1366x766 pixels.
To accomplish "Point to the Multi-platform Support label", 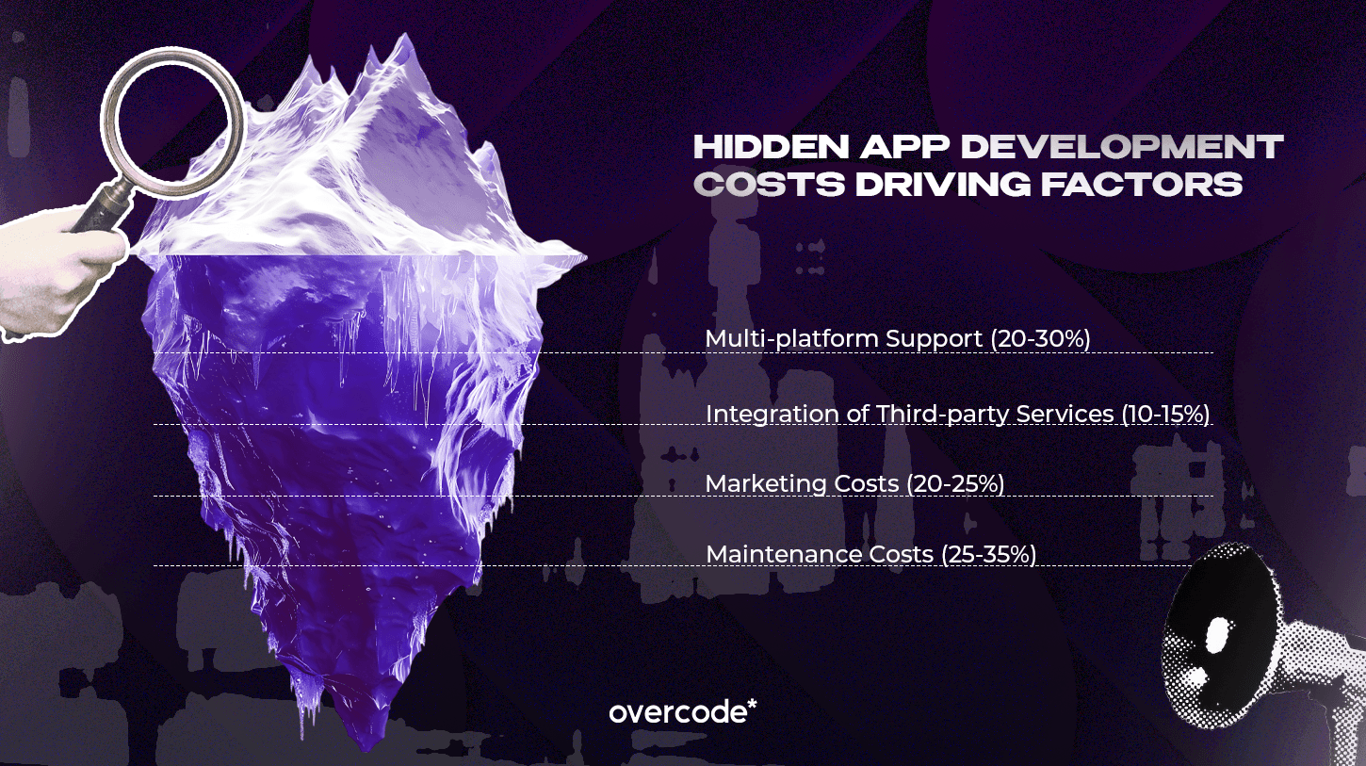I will tap(844, 339).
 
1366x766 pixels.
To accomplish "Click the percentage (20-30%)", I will tap(1040, 339).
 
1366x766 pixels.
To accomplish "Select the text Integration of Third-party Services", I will tap(910, 415).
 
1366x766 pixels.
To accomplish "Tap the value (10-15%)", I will tap(1165, 415).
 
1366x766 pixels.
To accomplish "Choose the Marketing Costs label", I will tap(802, 484).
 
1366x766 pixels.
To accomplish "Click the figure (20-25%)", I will tap(954, 484).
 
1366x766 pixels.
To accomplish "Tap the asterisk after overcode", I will tap(751, 705).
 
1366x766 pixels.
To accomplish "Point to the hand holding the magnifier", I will tap(52, 273).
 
